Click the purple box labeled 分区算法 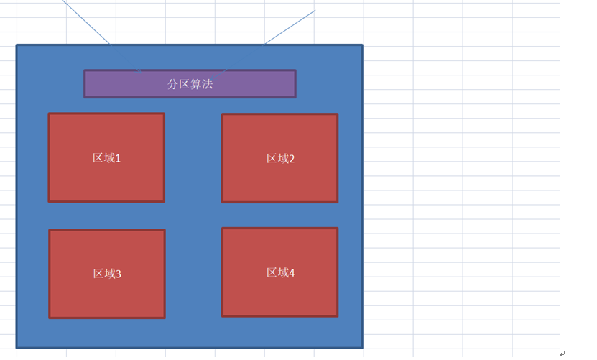(190, 84)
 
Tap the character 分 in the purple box (173, 84)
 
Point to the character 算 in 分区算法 (196, 84)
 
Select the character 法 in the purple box (208, 84)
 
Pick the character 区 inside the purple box (185, 84)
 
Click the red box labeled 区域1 (106, 157)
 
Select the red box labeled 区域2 (280, 158)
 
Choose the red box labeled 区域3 (107, 274)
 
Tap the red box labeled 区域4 (280, 272)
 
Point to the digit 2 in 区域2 (292, 160)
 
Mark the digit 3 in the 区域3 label (119, 274)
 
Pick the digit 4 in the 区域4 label (292, 273)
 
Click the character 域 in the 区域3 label (110, 274)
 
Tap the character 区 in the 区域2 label (272, 159)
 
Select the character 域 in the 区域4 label (283, 272)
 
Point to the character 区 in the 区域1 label (98, 157)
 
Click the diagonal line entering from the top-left (101, 36)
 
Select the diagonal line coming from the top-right (263, 46)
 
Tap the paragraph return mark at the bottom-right (563, 354)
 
